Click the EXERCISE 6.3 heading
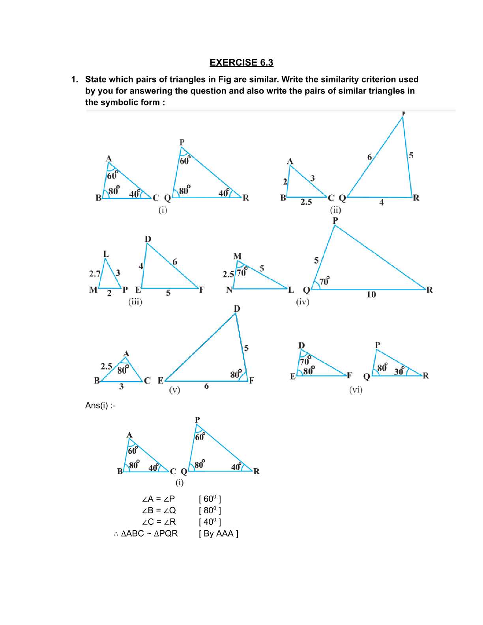coord(241,62)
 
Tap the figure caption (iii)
coord(135,302)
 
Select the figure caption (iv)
coord(303,302)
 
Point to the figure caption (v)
coord(174,390)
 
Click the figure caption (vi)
coord(356,390)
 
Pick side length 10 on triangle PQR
coord(371,294)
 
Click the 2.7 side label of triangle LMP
coord(95,273)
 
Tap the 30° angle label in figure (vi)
coord(399,371)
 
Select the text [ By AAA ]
coord(219,533)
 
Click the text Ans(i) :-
coord(100,405)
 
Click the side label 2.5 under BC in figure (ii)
coord(306,202)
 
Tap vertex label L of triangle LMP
coord(106,254)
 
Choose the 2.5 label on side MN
coord(228,274)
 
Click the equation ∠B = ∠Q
coord(159,510)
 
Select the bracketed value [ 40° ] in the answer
coord(210,522)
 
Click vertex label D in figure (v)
coord(237,309)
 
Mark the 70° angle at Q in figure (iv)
coord(324,281)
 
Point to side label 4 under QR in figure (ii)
coord(381,202)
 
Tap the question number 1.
coord(74,79)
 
